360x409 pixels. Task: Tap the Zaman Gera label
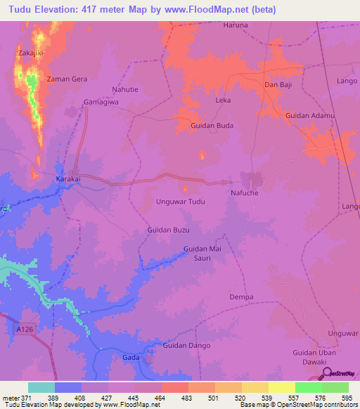[x=67, y=79]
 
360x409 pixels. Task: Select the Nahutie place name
[x=127, y=89]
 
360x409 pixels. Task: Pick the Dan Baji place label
[x=278, y=85]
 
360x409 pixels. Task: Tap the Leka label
[x=223, y=100]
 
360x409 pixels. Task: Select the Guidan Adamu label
[x=310, y=115]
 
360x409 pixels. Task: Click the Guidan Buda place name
[x=212, y=126]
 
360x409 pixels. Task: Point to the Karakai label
[x=69, y=179]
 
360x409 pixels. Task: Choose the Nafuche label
[x=246, y=192]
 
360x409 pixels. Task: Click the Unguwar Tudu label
[x=180, y=202]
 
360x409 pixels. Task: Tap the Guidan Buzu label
[x=169, y=230]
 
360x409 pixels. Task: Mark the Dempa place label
[x=241, y=297]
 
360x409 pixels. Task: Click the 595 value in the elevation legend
[x=347, y=398]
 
